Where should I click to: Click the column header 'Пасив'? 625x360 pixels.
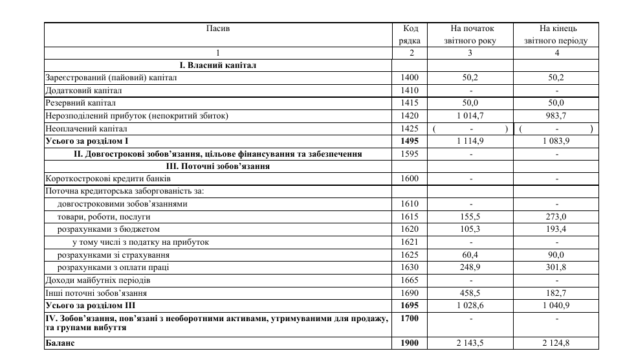[217, 29]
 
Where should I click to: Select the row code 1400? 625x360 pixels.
[410, 78]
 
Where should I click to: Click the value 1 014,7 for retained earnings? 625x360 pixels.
[470, 116]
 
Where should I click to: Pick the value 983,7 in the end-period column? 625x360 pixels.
[556, 116]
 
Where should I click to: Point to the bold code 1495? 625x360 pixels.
[410, 141]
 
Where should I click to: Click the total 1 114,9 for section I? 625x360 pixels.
[470, 141]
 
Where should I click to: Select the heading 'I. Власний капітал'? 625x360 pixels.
[218, 65]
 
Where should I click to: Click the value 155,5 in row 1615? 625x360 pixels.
[470, 217]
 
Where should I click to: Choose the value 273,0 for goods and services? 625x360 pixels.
[556, 217]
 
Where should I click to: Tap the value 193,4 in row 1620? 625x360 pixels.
[556, 229]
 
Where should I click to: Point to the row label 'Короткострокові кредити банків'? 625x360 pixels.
[108, 179]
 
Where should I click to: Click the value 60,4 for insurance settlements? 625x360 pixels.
[470, 255]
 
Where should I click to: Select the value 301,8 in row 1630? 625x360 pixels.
[556, 267]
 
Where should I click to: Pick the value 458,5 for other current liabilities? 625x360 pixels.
[470, 293]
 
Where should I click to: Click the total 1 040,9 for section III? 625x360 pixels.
[556, 305]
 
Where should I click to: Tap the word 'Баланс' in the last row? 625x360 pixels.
[60, 343]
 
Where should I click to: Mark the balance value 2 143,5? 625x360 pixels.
[470, 343]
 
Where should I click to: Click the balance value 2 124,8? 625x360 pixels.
[556, 343]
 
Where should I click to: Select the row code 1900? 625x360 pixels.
[410, 343]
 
